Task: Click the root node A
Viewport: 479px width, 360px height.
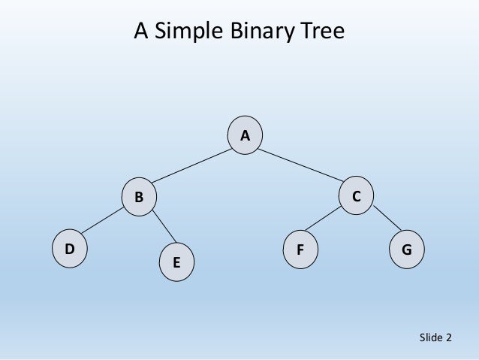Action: pos(245,135)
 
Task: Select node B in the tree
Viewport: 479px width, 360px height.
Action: pos(140,197)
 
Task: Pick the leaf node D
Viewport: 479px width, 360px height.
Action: pos(69,248)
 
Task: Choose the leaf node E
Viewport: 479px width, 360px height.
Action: pos(176,263)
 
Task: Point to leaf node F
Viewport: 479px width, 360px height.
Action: pos(300,248)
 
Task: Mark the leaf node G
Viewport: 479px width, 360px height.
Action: pos(406,248)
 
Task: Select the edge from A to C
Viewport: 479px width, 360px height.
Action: pos(300,165)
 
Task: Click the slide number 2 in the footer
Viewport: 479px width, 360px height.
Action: pos(449,337)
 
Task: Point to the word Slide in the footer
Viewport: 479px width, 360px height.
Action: pos(431,337)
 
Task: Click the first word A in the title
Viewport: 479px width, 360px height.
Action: pos(140,32)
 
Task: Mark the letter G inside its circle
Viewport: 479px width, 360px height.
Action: pos(406,248)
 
